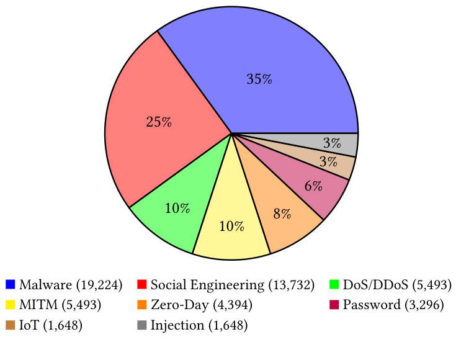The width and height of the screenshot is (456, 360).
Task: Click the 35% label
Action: click(x=259, y=79)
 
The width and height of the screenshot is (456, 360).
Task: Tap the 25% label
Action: click(x=158, y=122)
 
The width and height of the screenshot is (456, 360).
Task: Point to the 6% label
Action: click(x=313, y=186)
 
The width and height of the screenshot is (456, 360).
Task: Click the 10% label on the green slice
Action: click(x=177, y=209)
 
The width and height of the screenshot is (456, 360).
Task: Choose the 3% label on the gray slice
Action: click(x=331, y=143)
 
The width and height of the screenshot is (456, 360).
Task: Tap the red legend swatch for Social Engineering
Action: click(x=141, y=286)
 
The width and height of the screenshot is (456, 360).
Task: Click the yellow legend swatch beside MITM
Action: click(x=10, y=305)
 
